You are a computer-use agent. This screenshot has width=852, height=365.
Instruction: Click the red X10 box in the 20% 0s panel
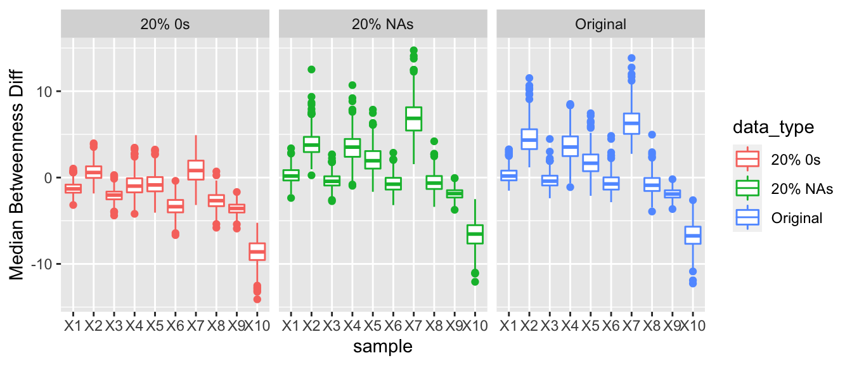click(257, 252)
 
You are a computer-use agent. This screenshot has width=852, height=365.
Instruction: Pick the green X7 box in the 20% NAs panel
click(413, 118)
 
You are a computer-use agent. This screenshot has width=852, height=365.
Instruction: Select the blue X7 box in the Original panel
click(631, 124)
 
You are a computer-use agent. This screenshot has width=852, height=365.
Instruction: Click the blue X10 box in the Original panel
click(693, 235)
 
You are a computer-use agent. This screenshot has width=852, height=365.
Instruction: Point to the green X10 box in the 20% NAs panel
click(475, 234)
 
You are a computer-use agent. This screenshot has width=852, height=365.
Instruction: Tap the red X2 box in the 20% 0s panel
click(94, 172)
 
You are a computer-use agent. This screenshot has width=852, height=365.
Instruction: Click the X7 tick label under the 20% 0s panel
click(196, 326)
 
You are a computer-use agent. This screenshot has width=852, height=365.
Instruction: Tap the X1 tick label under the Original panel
click(508, 326)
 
